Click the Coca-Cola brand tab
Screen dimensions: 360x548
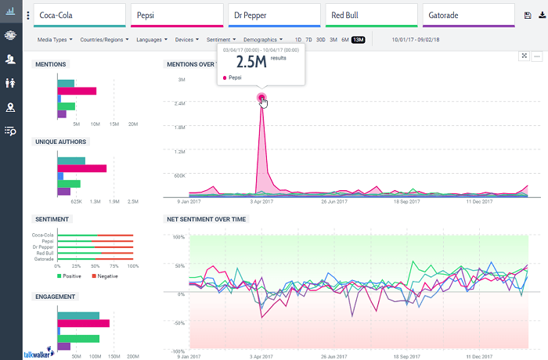point(79,15)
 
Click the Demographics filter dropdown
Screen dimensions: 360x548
point(263,39)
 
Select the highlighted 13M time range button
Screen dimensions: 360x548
point(358,39)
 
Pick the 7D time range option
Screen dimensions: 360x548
point(308,39)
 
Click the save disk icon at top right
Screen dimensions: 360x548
point(528,15)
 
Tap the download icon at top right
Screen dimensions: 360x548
point(541,15)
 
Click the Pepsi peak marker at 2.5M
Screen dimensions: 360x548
point(261,98)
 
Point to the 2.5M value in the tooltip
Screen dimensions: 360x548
point(251,61)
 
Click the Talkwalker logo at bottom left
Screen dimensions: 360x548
point(38,353)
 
